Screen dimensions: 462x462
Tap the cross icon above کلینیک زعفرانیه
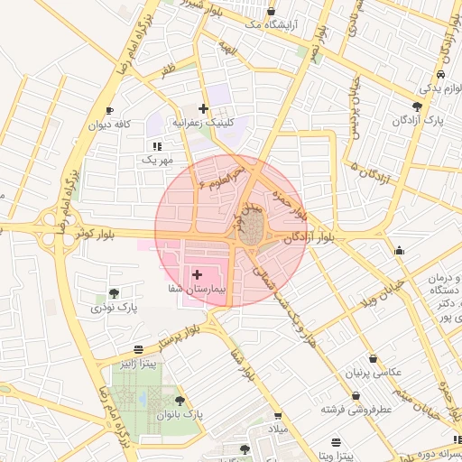tap(204, 108)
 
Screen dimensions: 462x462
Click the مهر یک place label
tap(156, 160)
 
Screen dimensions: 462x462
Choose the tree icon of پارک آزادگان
tap(416, 106)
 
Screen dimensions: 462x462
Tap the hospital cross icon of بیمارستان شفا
tap(197, 273)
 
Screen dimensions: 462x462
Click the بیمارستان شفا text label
tap(194, 291)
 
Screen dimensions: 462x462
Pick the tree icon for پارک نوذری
tap(114, 293)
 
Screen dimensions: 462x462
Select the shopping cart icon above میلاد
tap(278, 416)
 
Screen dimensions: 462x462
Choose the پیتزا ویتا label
tap(337, 457)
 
